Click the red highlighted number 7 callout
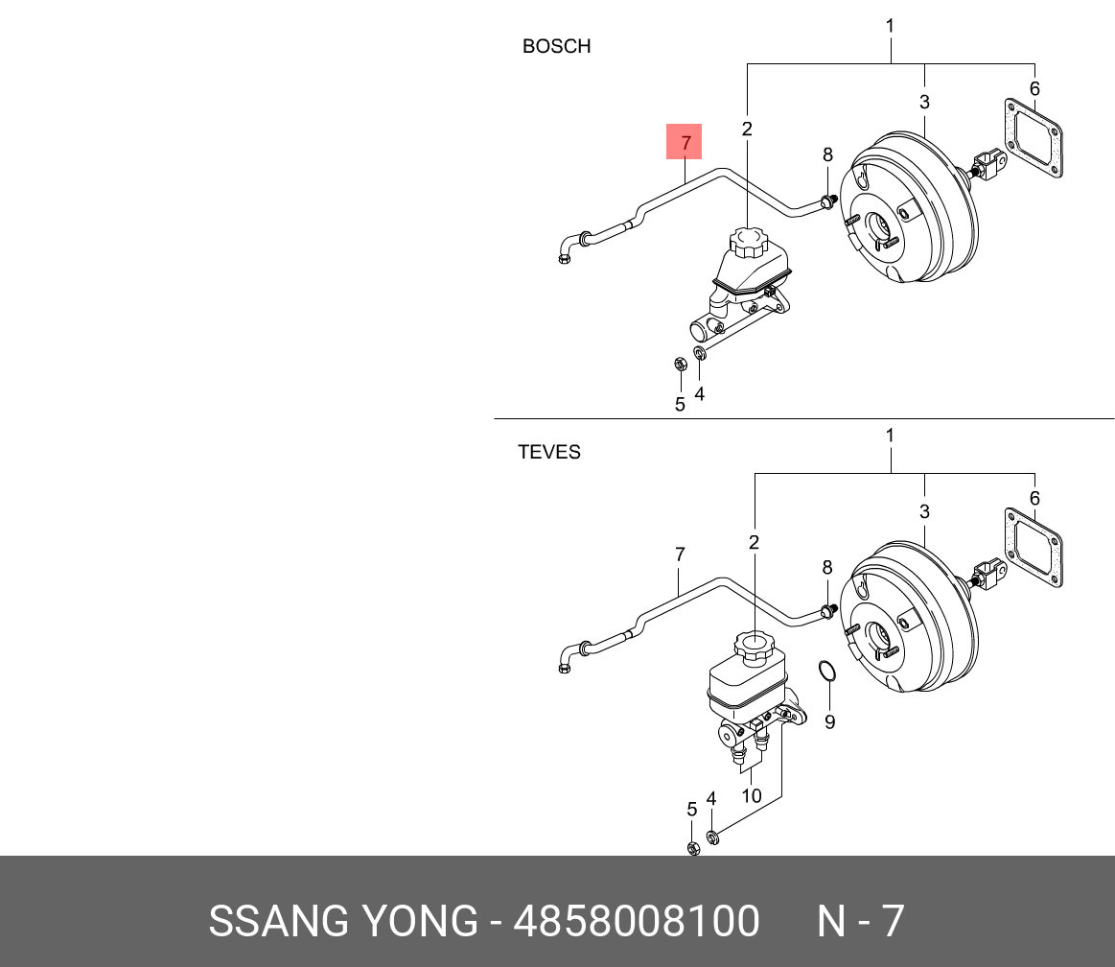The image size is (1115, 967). tap(685, 142)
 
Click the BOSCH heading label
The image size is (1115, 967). tap(557, 46)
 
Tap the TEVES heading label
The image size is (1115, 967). tap(549, 452)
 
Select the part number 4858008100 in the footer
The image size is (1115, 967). tap(637, 921)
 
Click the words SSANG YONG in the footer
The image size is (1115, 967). tap(343, 921)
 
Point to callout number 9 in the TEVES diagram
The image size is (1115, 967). tap(830, 721)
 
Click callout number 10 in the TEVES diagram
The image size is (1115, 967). tap(752, 795)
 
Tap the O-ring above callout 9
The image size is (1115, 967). tap(827, 671)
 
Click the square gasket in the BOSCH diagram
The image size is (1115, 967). tap(1034, 138)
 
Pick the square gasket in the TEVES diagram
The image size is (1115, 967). tap(1034, 547)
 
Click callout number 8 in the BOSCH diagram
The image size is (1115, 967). tap(827, 154)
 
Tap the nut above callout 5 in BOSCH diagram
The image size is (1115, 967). tap(681, 365)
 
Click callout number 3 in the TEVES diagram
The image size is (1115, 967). tap(924, 511)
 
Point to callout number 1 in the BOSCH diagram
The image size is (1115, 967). tap(890, 26)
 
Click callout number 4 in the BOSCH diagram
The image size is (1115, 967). tap(700, 393)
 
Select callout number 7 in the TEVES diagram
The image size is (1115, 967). tap(680, 554)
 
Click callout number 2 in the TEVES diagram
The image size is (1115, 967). tap(754, 542)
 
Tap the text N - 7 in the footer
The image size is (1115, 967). tap(860, 921)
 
